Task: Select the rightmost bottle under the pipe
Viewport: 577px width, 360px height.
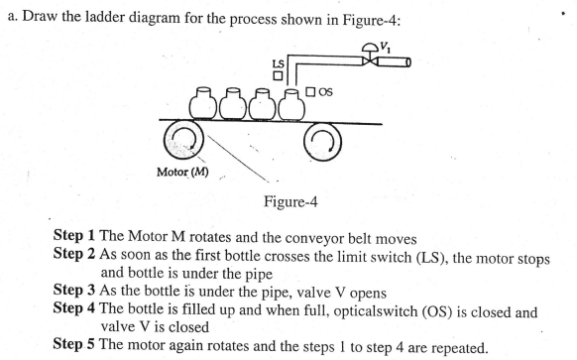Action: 290,103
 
